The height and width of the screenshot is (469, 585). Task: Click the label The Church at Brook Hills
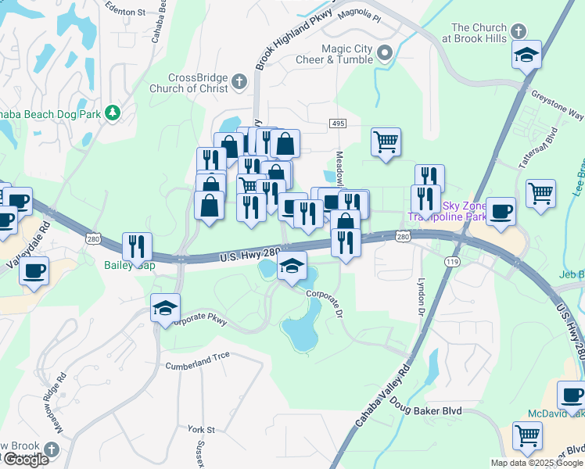point(474,32)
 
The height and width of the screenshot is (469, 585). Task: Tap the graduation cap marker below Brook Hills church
point(527,55)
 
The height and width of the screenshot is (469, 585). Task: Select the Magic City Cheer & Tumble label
point(336,54)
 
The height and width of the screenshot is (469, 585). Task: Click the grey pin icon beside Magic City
point(384,53)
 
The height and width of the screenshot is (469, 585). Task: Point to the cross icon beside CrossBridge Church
point(239,81)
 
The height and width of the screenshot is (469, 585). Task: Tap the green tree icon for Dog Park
point(113,113)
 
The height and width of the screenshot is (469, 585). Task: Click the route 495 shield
point(338,124)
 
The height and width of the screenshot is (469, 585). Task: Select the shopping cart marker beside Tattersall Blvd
point(541,194)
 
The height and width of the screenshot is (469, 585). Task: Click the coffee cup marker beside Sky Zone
point(501,211)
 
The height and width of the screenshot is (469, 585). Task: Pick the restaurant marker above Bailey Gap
point(137,246)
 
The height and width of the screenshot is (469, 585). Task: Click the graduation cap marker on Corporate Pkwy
point(167,308)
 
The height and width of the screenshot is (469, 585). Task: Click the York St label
point(201,430)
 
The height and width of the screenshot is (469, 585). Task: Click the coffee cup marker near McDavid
point(572,394)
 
